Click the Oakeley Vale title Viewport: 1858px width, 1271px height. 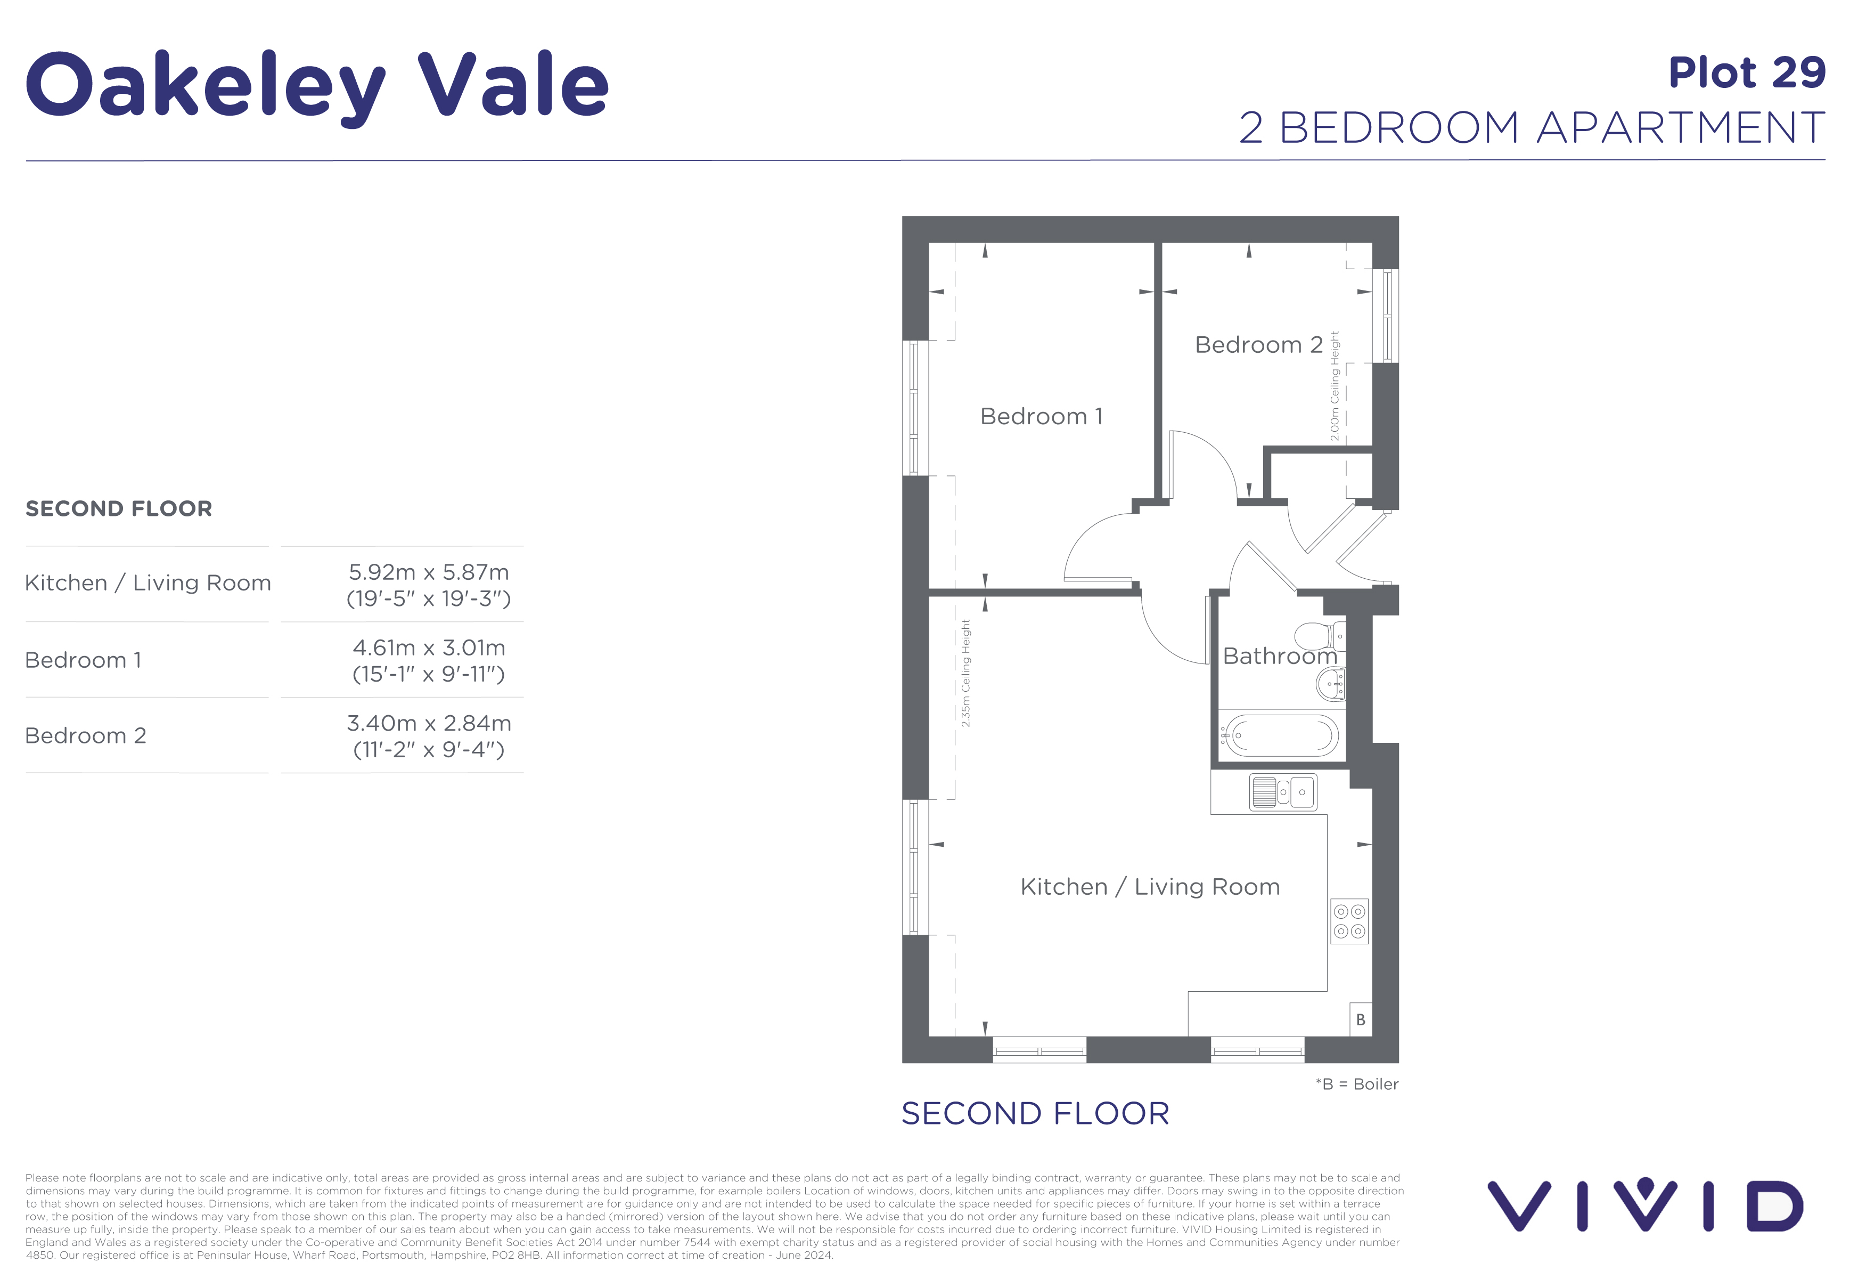317,84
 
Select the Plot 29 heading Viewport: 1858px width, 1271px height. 1746,73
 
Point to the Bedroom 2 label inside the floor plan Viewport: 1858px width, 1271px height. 1258,345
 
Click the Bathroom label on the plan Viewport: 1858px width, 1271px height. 1279,656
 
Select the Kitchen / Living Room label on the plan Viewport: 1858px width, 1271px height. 1150,886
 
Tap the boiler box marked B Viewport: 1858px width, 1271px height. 1360,1020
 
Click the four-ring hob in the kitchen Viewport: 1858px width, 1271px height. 1349,921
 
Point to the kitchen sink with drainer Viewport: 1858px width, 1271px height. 1282,792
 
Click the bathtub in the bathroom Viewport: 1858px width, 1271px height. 1282,735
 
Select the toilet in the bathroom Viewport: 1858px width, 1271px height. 1319,636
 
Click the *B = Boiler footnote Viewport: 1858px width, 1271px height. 1357,1084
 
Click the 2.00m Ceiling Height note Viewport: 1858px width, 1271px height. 1333,385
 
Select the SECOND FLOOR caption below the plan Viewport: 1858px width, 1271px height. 1035,1113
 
